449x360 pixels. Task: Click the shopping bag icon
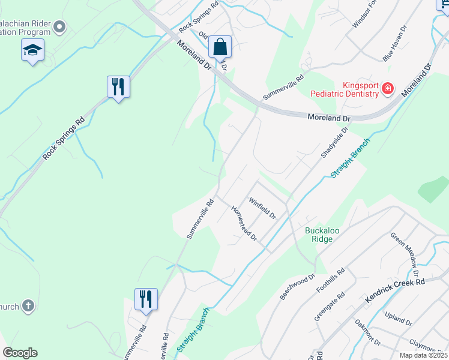click(220, 47)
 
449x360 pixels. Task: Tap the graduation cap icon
click(32, 50)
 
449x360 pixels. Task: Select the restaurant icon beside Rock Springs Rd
click(118, 87)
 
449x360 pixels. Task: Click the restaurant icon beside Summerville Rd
click(146, 298)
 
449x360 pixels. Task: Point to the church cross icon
click(28, 307)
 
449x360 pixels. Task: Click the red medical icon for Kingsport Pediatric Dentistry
click(388, 89)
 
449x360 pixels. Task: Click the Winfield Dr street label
click(262, 207)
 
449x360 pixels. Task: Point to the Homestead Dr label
click(244, 223)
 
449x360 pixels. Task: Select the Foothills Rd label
click(331, 280)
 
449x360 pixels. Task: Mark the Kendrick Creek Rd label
click(394, 290)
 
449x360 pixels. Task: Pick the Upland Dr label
click(399, 319)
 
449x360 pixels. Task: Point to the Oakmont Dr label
click(368, 333)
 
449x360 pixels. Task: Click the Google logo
click(20, 353)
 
